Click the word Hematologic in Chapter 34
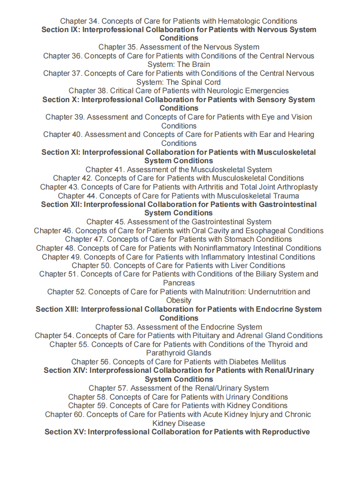[x=240, y=21]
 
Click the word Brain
[x=200, y=65]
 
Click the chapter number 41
[x=120, y=169]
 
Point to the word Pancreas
[x=179, y=283]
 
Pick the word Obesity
[x=179, y=301]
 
